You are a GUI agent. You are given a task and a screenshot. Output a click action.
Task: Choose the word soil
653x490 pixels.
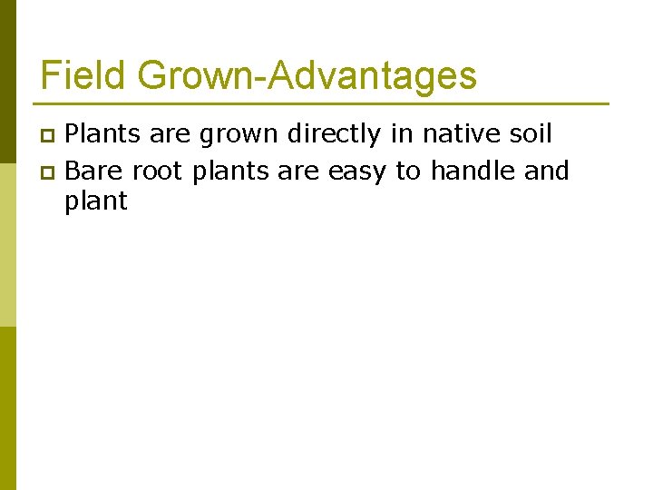tap(532, 134)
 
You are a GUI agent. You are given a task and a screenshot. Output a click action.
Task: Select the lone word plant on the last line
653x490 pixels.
tap(95, 201)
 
